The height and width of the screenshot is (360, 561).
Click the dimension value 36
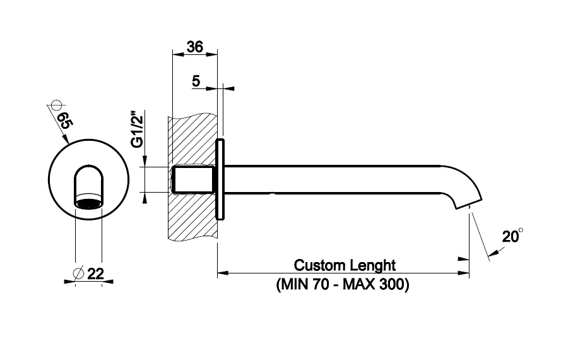point(195,47)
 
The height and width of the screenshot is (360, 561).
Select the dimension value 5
point(196,81)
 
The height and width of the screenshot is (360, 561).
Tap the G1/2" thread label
point(136,129)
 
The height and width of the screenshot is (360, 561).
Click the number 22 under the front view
point(96,273)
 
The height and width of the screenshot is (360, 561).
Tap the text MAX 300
point(377,284)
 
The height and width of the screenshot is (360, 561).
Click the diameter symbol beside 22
point(78,273)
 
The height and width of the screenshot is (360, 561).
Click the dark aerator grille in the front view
point(88,203)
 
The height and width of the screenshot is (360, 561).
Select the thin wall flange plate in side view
point(220,179)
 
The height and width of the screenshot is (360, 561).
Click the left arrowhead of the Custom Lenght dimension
point(222,273)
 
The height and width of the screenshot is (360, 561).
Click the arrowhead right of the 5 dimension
point(227,88)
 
